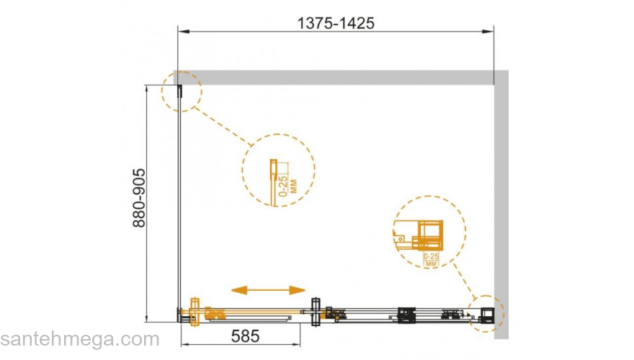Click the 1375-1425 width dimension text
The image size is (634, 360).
pos(336,23)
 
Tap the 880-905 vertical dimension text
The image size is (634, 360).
pos(139,198)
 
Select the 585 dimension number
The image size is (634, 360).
pos(245,336)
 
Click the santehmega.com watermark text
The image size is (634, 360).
pos(80,339)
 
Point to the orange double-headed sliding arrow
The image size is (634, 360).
pos(268,289)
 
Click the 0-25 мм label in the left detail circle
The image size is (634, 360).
pos(288,186)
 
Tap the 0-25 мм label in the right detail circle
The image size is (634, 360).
pos(431,259)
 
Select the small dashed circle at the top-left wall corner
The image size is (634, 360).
pos(182,91)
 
